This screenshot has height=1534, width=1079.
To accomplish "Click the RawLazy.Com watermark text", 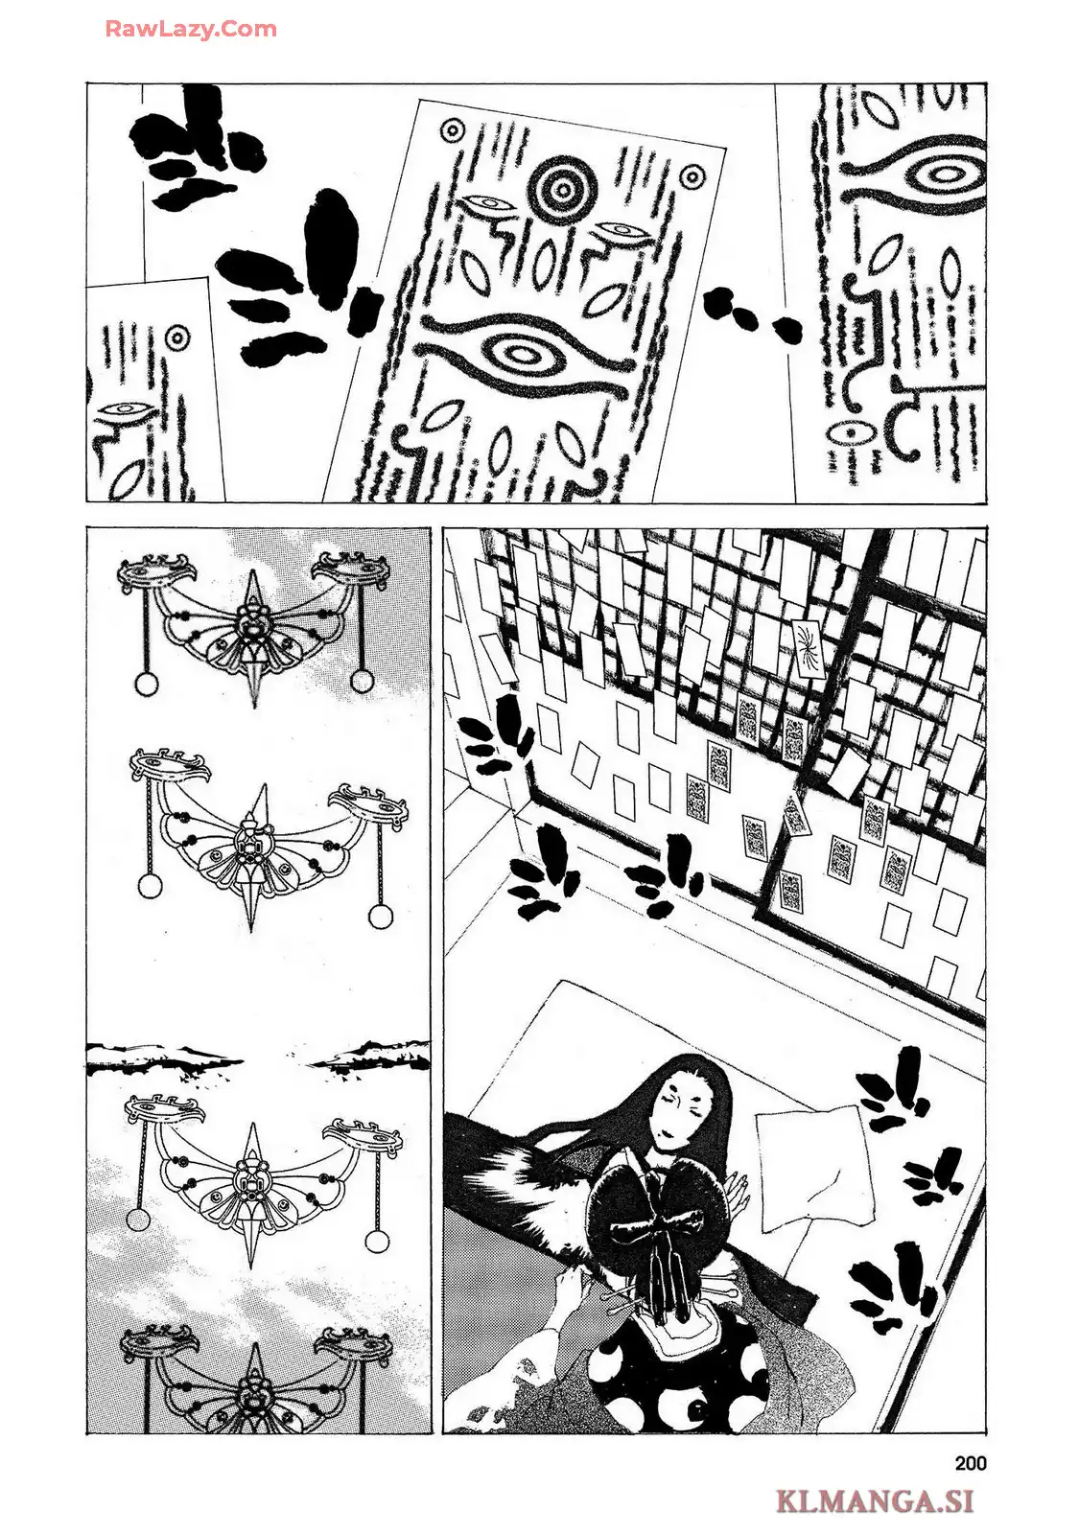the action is point(191,29).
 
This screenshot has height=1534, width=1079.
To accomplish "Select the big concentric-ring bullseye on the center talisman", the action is point(560,189).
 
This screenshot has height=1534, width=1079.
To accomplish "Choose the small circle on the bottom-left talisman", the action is point(177,337).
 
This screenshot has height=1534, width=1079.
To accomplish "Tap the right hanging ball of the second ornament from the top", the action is point(381,917).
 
